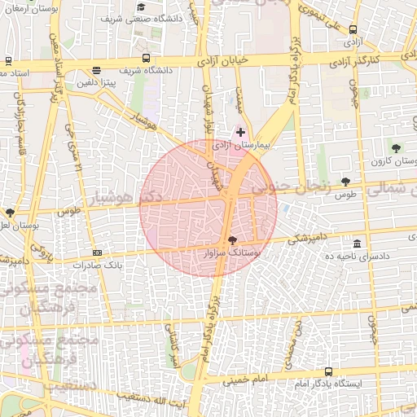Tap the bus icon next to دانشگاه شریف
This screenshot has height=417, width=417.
(146, 58)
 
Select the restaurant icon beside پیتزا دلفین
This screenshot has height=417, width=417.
(97, 70)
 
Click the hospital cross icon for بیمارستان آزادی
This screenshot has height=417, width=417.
(240, 132)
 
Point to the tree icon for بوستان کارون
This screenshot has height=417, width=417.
(396, 148)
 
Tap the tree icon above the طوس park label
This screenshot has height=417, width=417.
(345, 182)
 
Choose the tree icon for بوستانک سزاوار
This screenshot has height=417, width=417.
(234, 240)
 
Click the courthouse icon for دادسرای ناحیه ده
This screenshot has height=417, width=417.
(358, 244)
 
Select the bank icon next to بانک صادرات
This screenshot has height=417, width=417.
(98, 253)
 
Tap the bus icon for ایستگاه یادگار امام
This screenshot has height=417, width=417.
(328, 371)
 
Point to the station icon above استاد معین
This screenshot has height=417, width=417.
(8, 61)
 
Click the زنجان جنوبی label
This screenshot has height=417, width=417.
(290, 186)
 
